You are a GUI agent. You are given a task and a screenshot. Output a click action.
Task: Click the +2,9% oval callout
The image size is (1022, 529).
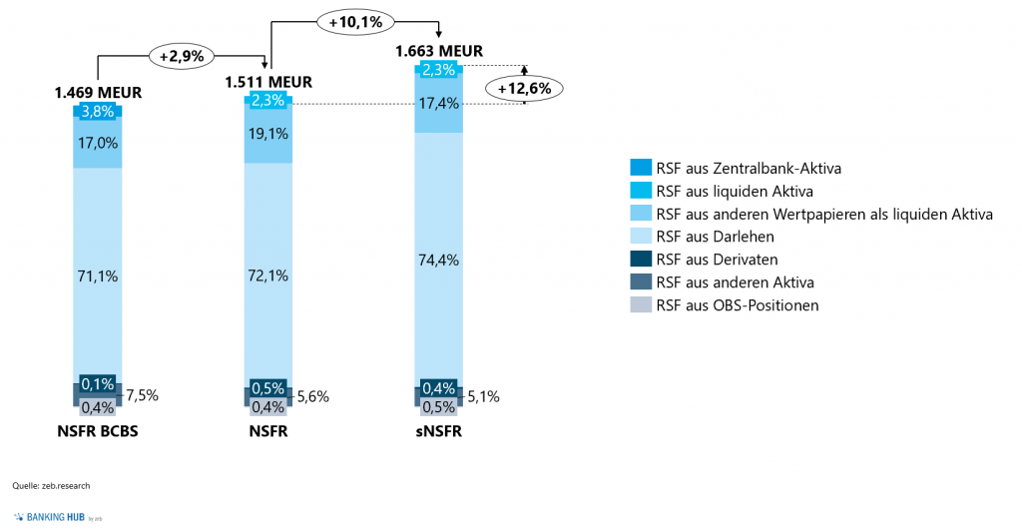coord(182,56)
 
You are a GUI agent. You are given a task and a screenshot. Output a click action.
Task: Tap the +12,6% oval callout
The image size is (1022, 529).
coord(525,87)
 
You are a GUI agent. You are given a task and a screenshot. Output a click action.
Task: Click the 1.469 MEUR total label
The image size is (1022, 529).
coord(98,92)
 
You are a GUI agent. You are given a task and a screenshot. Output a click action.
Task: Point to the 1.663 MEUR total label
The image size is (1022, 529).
coord(439,51)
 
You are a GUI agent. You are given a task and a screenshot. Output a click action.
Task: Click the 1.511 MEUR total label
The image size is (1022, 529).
coord(268,81)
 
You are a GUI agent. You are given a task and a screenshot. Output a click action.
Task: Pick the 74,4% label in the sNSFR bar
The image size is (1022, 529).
coord(439,260)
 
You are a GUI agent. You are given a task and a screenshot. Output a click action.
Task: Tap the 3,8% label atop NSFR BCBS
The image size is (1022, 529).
coord(98,112)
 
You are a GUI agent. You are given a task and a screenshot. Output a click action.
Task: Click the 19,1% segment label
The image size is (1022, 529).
coord(268,133)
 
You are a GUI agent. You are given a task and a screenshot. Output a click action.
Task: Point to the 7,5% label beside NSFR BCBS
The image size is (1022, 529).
coord(141,395)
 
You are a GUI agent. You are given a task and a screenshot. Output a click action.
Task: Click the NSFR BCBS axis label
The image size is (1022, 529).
coord(98,433)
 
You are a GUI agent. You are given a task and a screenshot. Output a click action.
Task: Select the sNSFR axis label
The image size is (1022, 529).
coord(439,433)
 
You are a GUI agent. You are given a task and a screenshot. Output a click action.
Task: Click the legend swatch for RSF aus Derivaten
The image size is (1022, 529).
coord(640,260)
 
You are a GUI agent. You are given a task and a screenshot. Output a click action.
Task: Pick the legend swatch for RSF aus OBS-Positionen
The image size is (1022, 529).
coord(640,305)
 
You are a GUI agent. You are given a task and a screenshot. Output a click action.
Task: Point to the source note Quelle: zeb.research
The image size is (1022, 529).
coord(51,486)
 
